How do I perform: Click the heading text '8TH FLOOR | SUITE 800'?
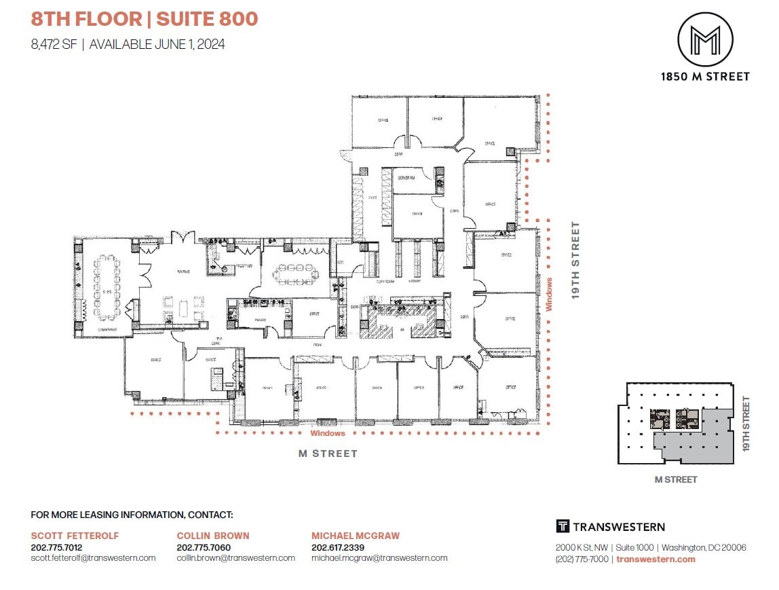pos(145,18)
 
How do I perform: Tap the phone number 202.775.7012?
pos(56,547)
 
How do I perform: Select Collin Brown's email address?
pos(235,558)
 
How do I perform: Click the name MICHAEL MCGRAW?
pos(356,536)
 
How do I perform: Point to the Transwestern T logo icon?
pos(562,527)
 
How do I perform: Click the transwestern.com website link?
pos(656,559)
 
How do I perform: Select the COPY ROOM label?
pos(386,280)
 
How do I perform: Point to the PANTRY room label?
pos(259,318)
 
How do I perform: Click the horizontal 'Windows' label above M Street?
pos(328,433)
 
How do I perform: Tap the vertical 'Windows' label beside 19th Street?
pos(549,294)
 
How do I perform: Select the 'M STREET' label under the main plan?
pos(328,454)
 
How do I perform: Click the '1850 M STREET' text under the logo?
pos(705,77)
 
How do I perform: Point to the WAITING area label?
pos(183,272)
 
